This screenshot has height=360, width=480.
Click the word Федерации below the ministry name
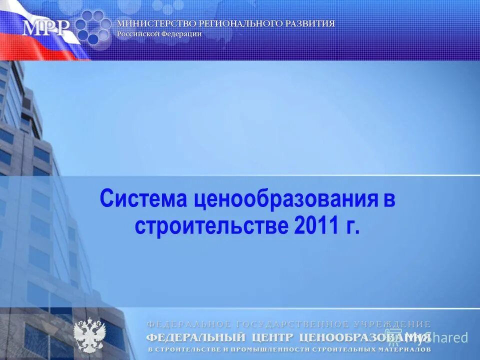[182, 34]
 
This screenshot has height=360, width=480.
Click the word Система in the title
[143, 199]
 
